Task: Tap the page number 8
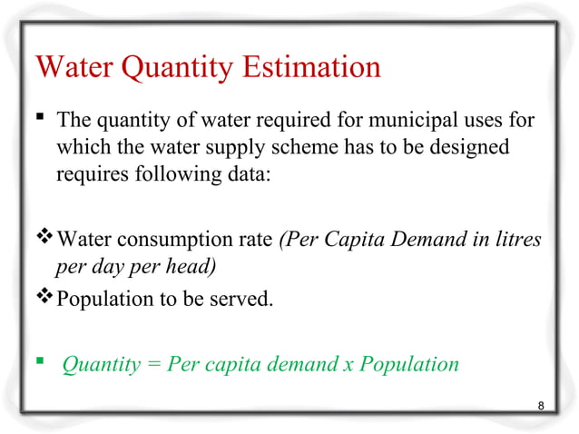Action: [541, 405]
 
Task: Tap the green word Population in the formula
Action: [409, 365]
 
